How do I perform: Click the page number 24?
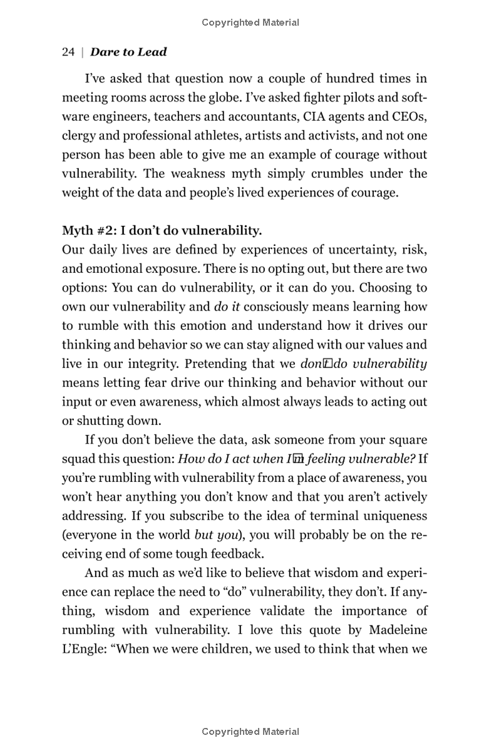point(68,53)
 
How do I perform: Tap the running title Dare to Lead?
point(128,53)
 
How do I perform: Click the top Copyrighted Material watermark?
point(250,23)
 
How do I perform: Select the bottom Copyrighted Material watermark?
point(250,732)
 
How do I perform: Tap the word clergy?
point(78,136)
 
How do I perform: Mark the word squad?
point(78,459)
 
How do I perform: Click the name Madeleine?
point(394,630)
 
